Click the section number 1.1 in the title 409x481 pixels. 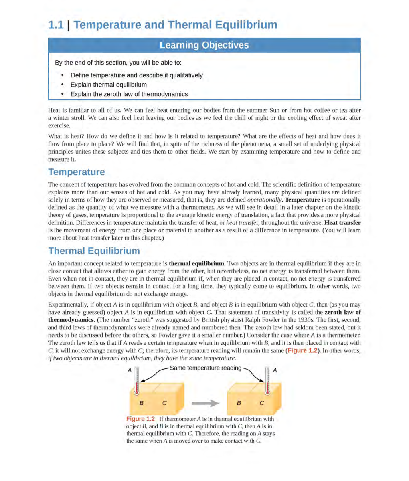[x=56, y=25]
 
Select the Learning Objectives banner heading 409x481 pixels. [x=204, y=45]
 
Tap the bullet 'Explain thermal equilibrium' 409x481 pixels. [x=108, y=85]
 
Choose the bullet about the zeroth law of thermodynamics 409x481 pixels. [x=129, y=94]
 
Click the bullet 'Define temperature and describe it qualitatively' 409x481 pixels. [x=136, y=75]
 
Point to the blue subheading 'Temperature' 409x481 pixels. [x=76, y=172]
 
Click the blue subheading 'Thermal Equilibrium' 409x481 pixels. [x=94, y=251]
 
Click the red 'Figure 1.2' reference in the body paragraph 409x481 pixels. [x=302, y=350]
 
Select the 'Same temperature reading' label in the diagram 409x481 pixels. [x=206, y=368]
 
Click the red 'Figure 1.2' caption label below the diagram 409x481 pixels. [x=140, y=419]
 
